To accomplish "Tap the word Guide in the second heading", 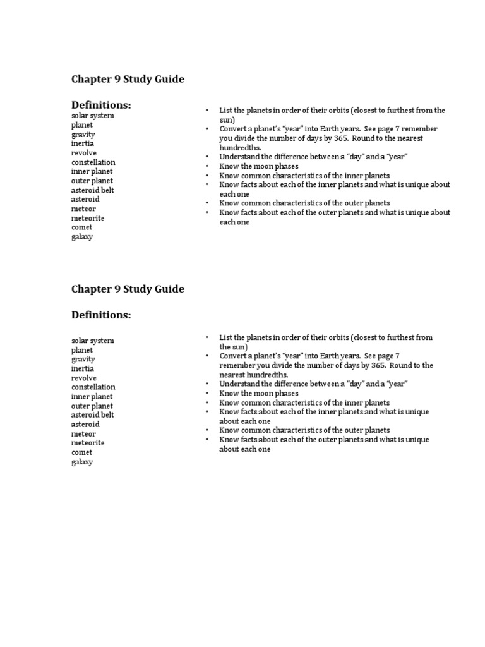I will (169, 289).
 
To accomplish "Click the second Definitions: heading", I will (101, 315).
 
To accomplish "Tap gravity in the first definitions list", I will (83, 135).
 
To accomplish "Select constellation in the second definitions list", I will (93, 387).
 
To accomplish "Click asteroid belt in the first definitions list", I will (93, 190).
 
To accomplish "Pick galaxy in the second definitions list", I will (82, 462).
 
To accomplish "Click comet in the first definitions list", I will (81, 227).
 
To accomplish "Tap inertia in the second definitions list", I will (83, 368).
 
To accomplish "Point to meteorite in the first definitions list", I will (88, 218).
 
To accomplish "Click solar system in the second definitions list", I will (93, 341).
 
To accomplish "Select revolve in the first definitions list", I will (84, 153).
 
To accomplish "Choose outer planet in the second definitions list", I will (92, 406).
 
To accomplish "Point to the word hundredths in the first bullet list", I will (240, 148).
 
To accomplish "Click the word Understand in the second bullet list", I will (239, 384).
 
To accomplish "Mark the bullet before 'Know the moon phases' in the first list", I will (207, 166).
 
